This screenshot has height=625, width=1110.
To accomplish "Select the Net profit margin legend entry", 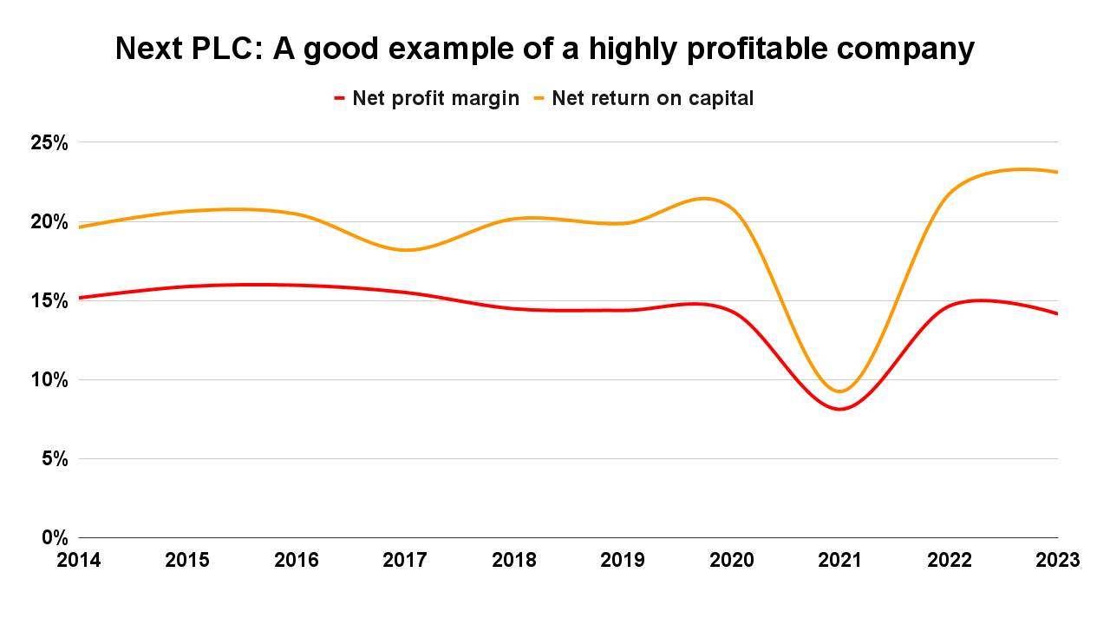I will [x=435, y=98].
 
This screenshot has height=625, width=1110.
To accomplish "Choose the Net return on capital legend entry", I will [x=652, y=98].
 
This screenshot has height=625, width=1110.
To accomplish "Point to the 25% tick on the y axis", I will [x=49, y=142].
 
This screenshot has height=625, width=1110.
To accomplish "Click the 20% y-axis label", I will [x=49, y=221].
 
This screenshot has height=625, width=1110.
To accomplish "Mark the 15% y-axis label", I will [x=49, y=300].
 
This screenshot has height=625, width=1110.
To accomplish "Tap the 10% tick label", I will [x=49, y=379].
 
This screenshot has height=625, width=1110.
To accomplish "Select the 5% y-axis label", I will [x=54, y=458].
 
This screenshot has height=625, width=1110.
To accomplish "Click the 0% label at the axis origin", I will [x=54, y=537].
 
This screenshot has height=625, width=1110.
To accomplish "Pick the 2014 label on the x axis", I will [x=79, y=561].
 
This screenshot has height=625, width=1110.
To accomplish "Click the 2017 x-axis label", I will [x=405, y=561].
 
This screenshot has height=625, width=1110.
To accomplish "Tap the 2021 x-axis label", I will [x=840, y=561].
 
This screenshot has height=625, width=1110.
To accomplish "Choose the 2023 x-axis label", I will [x=1057, y=561].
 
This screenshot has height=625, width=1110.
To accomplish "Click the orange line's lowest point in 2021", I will [x=839, y=391].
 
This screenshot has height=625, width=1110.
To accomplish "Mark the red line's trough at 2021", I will [x=839, y=409].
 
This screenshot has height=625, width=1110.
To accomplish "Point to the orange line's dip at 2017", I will [x=406, y=250].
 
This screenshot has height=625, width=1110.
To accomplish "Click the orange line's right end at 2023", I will [x=1057, y=172].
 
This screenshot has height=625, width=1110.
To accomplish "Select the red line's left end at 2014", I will [x=80, y=298].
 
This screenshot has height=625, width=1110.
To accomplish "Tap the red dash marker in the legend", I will [x=340, y=98].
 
